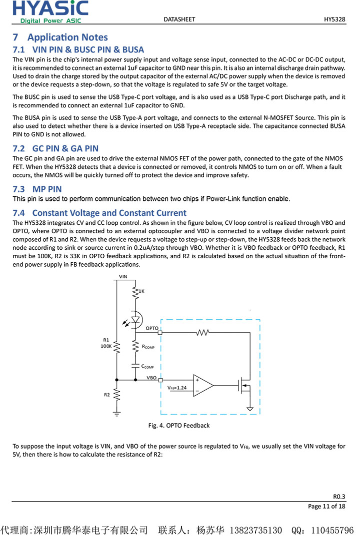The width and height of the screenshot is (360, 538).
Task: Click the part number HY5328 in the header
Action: point(334,19)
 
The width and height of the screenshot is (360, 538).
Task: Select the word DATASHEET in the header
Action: point(179,19)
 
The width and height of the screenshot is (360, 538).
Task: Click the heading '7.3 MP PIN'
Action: point(37,189)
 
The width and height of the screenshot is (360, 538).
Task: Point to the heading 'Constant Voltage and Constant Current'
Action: point(109,213)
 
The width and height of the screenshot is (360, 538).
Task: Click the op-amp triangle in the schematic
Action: point(203,386)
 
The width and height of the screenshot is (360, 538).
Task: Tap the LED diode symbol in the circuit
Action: point(135,319)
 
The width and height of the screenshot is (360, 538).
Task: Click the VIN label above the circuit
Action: point(123,276)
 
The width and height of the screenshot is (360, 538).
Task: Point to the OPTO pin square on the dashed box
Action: point(160,332)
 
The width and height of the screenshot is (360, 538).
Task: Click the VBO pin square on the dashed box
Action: point(160,380)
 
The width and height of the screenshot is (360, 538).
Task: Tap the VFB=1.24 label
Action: point(176,388)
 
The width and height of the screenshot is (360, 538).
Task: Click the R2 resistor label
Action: point(106,395)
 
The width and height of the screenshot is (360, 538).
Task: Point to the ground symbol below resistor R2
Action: point(116,414)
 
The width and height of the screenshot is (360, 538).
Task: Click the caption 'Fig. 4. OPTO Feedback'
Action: point(179,426)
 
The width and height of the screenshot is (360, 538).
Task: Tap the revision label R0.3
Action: point(339,497)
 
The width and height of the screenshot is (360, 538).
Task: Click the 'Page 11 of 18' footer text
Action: point(326,507)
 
